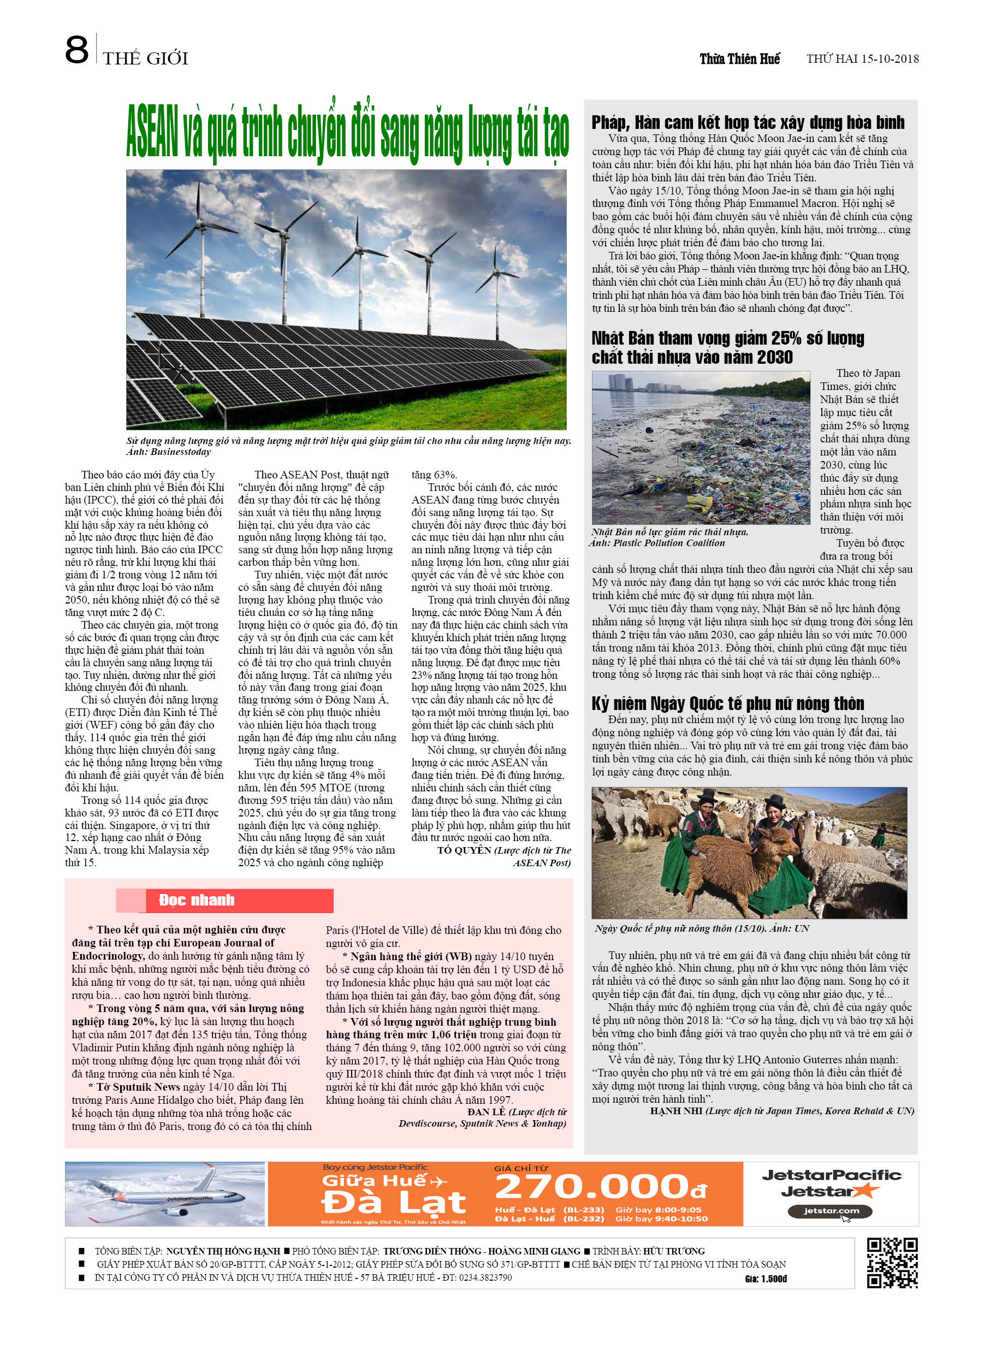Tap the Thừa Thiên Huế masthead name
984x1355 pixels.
click(x=740, y=58)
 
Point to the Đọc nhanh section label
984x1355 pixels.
click(x=197, y=901)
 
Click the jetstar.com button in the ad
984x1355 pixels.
click(x=831, y=1211)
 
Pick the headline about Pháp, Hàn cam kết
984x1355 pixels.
click(x=748, y=122)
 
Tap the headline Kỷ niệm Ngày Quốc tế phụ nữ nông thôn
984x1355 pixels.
click(x=728, y=703)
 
